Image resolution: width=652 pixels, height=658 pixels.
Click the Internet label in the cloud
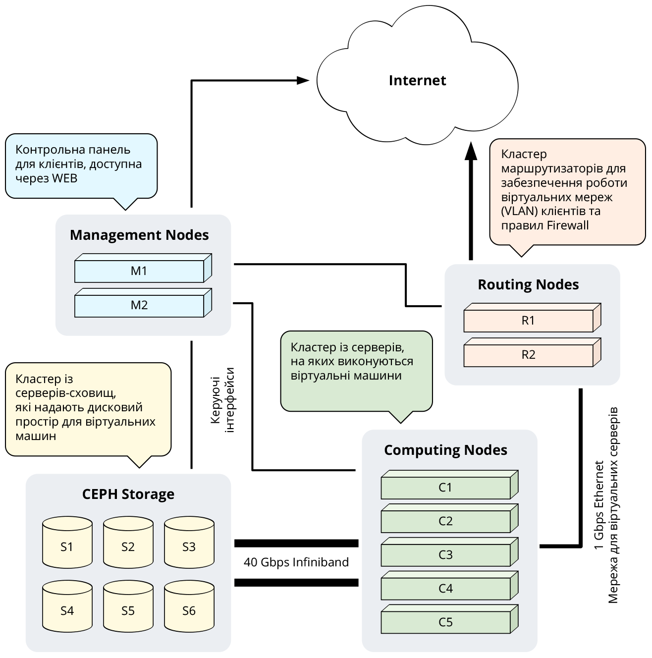point(417,80)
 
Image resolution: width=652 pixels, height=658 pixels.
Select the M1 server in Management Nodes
point(139,271)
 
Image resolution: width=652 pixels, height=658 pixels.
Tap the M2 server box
point(139,305)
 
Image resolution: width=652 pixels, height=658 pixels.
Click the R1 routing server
point(528,321)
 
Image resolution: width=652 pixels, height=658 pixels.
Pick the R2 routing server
point(528,355)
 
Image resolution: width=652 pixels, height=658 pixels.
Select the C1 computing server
point(445,488)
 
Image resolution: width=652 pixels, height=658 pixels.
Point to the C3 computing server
point(445,555)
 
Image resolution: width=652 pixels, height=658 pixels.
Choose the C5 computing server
point(445,622)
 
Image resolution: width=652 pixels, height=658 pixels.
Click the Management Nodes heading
point(139,235)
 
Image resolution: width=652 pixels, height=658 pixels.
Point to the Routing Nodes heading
point(528,284)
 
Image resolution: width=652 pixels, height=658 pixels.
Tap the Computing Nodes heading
point(445,450)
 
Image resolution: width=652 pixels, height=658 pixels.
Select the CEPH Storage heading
point(128,494)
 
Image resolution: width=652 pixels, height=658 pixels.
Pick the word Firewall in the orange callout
point(567,225)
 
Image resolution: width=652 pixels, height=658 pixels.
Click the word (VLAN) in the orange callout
point(519,211)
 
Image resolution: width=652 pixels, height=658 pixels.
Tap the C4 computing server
point(445,589)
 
